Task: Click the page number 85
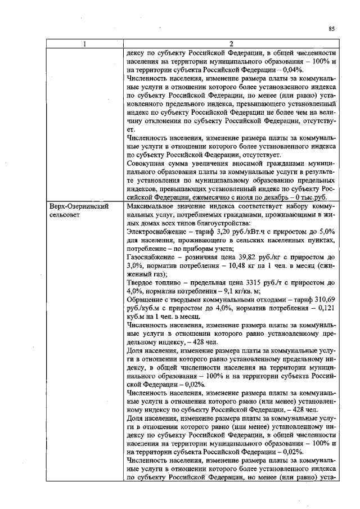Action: (x=331, y=28)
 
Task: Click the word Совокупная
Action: (x=151, y=163)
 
